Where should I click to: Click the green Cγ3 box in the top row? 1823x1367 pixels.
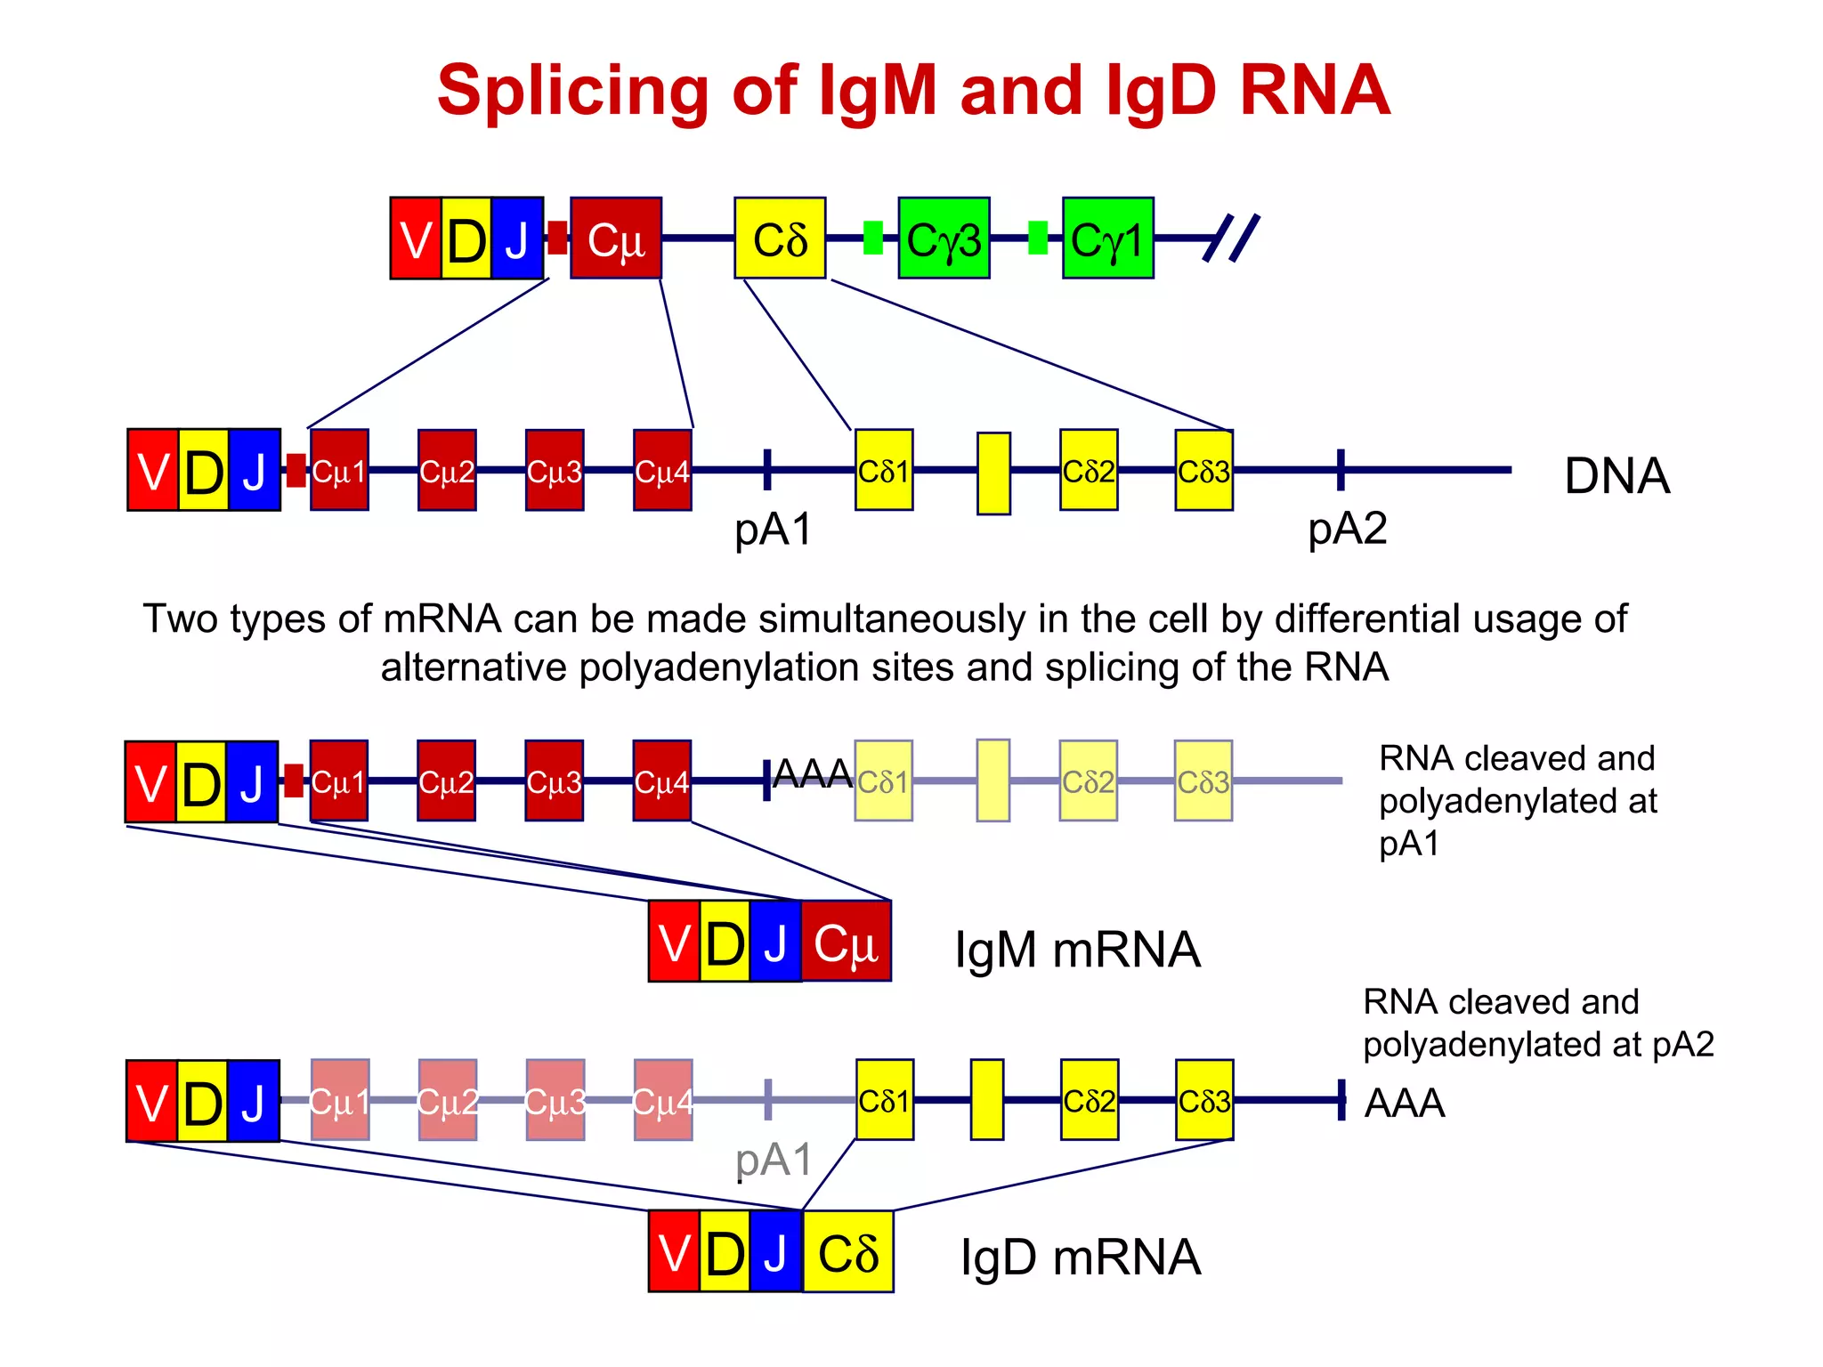(944, 239)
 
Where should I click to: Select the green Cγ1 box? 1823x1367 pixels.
(1107, 239)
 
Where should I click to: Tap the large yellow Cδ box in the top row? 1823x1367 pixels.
(780, 239)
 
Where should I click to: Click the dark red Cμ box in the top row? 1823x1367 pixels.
(616, 239)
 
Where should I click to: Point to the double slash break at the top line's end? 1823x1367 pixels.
(1231, 238)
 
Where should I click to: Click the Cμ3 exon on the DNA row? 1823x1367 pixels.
(555, 470)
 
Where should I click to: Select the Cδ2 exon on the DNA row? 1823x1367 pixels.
(1089, 470)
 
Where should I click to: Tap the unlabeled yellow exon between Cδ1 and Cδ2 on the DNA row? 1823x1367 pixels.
(993, 473)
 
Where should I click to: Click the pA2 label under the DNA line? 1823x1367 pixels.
(1347, 528)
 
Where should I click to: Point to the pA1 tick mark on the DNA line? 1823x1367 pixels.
(767, 469)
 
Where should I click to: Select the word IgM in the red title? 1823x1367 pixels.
(877, 91)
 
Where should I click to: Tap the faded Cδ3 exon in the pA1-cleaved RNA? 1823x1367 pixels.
(1203, 781)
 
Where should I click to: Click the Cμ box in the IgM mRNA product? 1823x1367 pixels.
(846, 942)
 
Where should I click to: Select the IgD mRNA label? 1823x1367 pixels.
(1081, 1257)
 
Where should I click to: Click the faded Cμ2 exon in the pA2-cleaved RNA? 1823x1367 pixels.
(448, 1100)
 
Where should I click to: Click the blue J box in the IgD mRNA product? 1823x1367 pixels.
(775, 1251)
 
